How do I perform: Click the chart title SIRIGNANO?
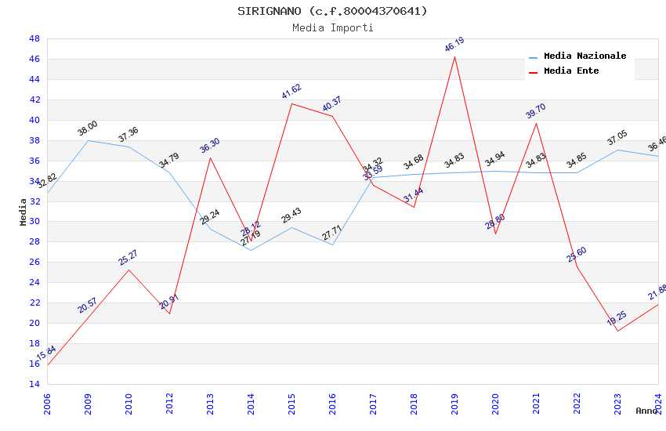coord(332,11)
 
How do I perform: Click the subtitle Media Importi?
coord(332,27)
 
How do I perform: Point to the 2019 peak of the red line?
coord(454,56)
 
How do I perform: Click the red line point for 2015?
coord(291,103)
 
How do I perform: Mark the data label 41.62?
coord(291,91)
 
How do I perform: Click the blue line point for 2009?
coord(88,140)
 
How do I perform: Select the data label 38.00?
coord(88,129)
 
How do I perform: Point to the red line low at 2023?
coord(617,331)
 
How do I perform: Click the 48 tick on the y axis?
coord(34,38)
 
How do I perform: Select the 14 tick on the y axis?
coord(34,384)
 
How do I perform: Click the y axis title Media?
coord(24,212)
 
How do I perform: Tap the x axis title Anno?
coord(646,411)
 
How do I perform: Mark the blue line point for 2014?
coord(251,250)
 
